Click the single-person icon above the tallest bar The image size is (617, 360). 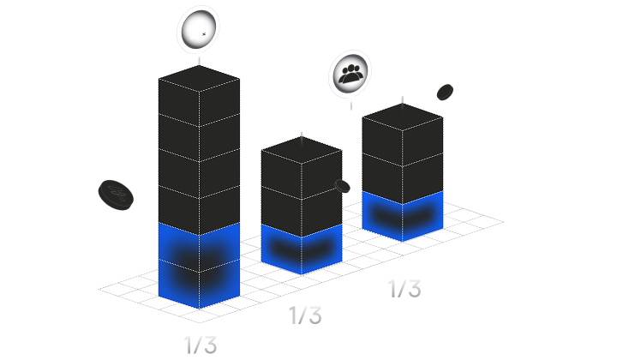(x=199, y=29)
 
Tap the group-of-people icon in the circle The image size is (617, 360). (x=350, y=73)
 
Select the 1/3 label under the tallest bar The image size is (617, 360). (x=201, y=345)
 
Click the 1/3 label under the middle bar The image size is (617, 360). (x=305, y=315)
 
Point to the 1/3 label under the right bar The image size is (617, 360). (x=404, y=288)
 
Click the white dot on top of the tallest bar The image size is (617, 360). (x=200, y=54)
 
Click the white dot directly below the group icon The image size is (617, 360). (x=351, y=99)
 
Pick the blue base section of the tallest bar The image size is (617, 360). (x=199, y=266)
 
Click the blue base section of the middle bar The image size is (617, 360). (x=302, y=249)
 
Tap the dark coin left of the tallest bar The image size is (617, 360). (x=116, y=194)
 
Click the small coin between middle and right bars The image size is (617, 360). (x=342, y=186)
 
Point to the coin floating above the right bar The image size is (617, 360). (x=445, y=92)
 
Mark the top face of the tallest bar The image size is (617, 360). (x=199, y=77)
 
